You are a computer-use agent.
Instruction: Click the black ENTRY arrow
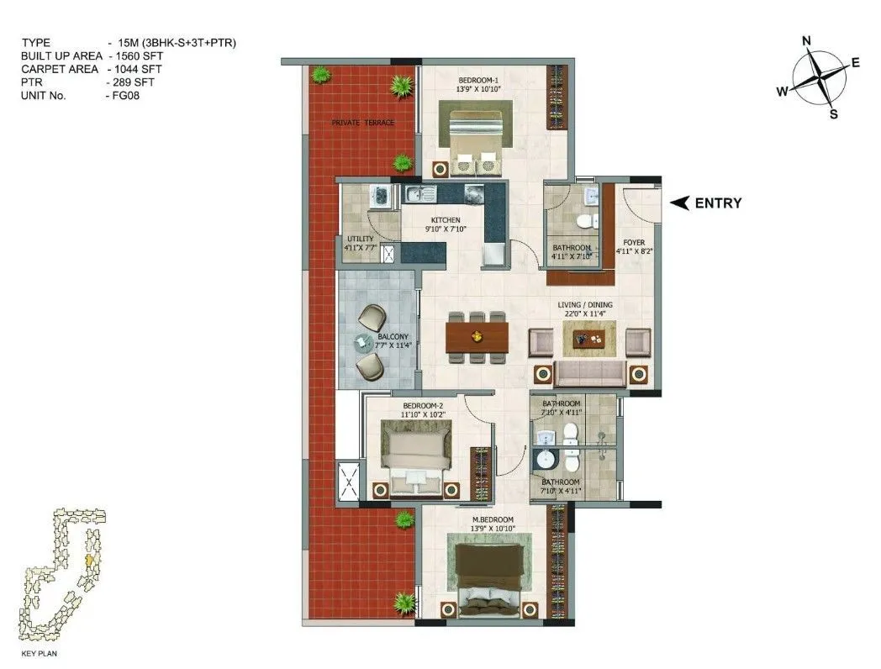[x=680, y=203]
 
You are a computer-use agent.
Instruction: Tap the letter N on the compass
[x=806, y=41]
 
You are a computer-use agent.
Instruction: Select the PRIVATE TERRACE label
[x=362, y=123]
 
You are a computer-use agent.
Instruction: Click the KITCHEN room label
[x=446, y=219]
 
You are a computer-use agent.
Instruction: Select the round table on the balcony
[x=363, y=341]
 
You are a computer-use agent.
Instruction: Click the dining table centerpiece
[x=477, y=337]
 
